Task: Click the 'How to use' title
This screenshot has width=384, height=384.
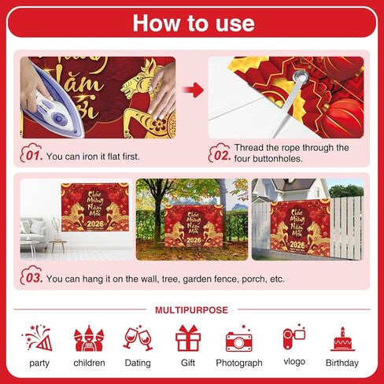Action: point(193,22)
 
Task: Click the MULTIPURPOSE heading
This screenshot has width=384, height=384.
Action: point(192,309)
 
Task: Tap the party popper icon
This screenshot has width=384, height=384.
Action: point(39,338)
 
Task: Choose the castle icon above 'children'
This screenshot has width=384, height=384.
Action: point(88,339)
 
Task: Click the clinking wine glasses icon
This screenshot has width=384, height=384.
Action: point(138,338)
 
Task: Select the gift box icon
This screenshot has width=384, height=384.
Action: point(188,339)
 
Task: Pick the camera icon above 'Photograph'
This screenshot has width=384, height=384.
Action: point(238,340)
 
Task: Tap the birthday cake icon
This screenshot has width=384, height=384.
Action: point(342,339)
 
